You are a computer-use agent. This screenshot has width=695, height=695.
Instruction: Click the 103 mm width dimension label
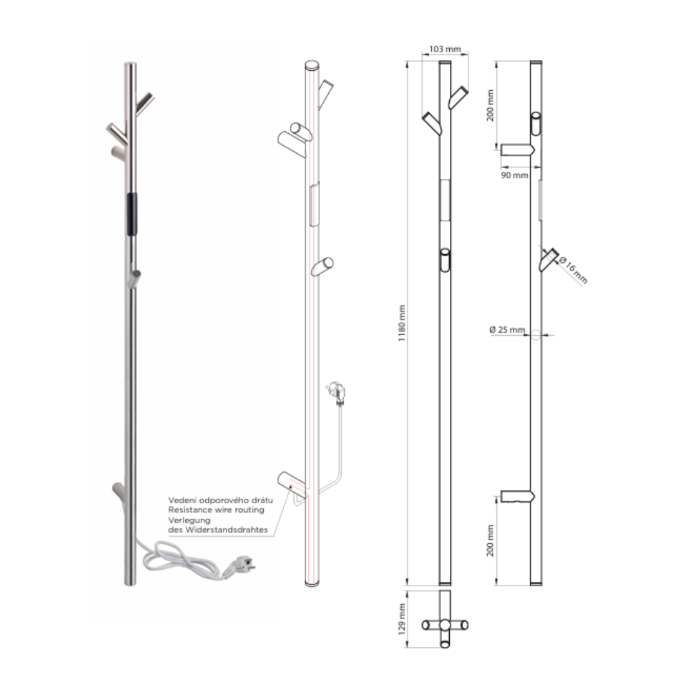[x=445, y=49]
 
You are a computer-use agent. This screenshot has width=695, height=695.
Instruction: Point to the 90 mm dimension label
[x=515, y=175]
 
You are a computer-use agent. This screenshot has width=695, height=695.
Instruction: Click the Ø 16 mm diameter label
[x=572, y=270]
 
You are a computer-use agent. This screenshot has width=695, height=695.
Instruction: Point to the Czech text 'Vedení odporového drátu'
[x=221, y=499]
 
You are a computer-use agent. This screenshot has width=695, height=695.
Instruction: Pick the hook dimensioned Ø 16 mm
[x=548, y=259]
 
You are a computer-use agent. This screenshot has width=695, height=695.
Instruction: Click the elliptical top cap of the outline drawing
[x=312, y=65]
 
